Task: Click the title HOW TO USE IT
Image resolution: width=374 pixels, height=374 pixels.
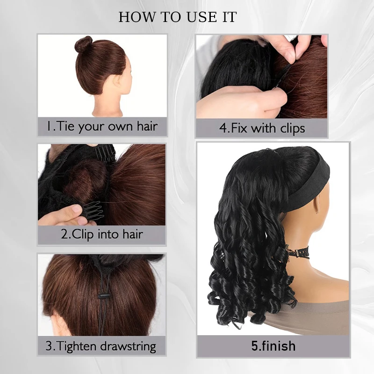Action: [x=178, y=17]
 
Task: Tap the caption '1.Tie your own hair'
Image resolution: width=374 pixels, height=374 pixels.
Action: [x=102, y=126]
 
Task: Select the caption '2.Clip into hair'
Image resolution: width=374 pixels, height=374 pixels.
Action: [x=101, y=234]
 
